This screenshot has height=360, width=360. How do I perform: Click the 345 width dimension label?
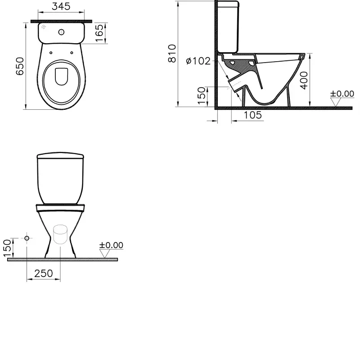(61, 6)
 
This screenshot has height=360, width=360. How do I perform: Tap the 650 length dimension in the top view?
(20, 66)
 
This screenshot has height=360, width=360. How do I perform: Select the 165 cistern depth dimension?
(99, 33)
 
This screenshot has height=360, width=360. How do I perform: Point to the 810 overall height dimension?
(172, 54)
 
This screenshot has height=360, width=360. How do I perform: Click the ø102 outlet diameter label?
(198, 61)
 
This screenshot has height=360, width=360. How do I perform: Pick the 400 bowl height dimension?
(304, 80)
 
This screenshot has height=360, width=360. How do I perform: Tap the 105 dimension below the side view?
(252, 115)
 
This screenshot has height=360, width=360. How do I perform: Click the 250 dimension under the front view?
(44, 274)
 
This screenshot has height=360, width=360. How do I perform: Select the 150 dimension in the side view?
(202, 96)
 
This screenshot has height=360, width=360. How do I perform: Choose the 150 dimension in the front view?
(7, 248)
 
